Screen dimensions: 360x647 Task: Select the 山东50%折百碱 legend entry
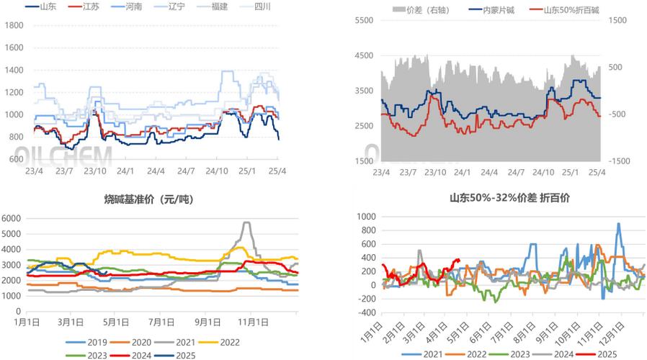pos(576,10)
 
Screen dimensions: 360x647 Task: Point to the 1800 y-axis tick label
pos(14,25)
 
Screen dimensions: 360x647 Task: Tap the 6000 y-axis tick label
pos(14,217)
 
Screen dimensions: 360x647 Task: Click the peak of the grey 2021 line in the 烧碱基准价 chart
pos(247,222)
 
